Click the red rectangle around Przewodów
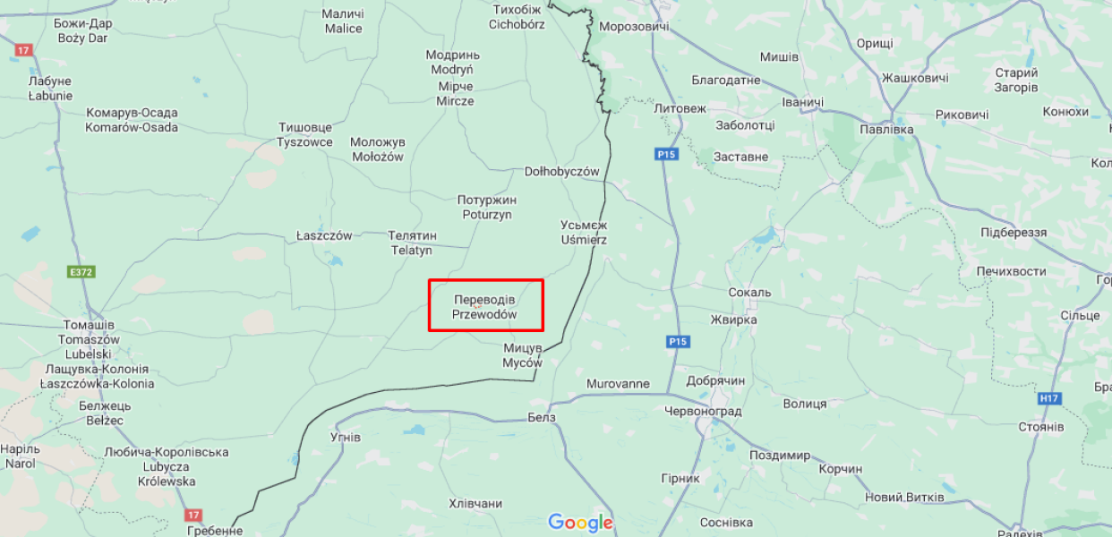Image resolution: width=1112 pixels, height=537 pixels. point(486,305)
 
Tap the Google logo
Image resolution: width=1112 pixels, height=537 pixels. point(580,523)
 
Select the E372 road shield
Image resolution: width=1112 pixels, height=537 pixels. point(81,271)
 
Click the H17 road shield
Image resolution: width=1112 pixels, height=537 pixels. point(1048,398)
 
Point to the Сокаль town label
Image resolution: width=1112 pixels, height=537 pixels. point(749,293)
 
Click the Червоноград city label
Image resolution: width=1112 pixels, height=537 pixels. point(703,411)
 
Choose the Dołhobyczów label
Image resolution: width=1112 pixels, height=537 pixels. point(561,171)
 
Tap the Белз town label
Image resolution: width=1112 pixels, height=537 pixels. point(542,417)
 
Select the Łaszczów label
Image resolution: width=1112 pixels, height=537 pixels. point(324,235)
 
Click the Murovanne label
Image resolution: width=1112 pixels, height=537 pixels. point(618,384)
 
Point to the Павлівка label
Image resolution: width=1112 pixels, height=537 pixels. point(885,130)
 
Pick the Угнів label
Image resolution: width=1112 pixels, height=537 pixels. point(345,438)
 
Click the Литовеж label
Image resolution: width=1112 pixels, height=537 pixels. point(680,108)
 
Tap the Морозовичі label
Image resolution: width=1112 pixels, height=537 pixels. point(634,27)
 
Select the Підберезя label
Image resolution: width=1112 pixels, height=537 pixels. point(1014,233)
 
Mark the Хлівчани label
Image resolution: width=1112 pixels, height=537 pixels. point(475,504)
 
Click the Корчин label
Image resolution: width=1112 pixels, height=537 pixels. point(840,469)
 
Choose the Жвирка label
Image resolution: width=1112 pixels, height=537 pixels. point(733,320)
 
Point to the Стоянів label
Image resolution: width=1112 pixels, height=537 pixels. point(1040,427)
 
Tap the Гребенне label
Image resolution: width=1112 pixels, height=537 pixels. point(215,531)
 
